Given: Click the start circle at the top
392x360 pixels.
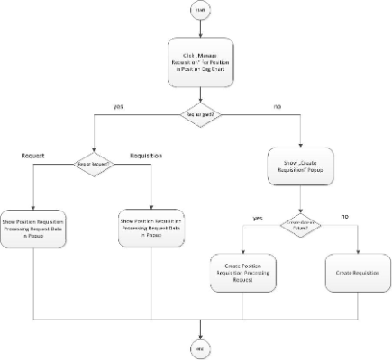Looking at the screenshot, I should [196, 13].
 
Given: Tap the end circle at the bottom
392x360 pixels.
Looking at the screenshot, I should [196, 346].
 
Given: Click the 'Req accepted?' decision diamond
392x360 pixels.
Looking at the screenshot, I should [196, 115].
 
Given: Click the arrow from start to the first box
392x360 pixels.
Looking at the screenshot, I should [196, 29].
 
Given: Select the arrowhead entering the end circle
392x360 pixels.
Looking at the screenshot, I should [196, 335].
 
